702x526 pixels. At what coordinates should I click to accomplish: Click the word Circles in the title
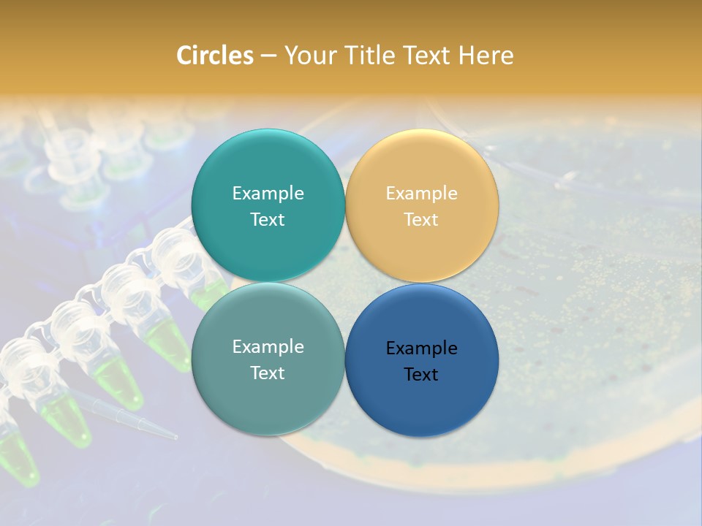click(215, 55)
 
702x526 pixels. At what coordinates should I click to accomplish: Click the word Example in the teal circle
click(268, 193)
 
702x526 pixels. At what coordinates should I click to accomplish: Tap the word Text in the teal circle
click(268, 219)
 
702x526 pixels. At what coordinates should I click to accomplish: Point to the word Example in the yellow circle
click(421, 193)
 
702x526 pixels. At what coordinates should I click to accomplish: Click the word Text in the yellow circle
click(421, 219)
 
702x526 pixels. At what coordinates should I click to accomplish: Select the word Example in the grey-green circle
click(268, 346)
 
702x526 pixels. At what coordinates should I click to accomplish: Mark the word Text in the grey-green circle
click(268, 373)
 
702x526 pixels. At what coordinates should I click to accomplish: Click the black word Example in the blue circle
click(421, 348)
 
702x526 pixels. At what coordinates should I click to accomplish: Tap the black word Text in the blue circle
click(421, 374)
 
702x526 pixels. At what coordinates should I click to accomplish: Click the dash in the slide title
click(268, 56)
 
